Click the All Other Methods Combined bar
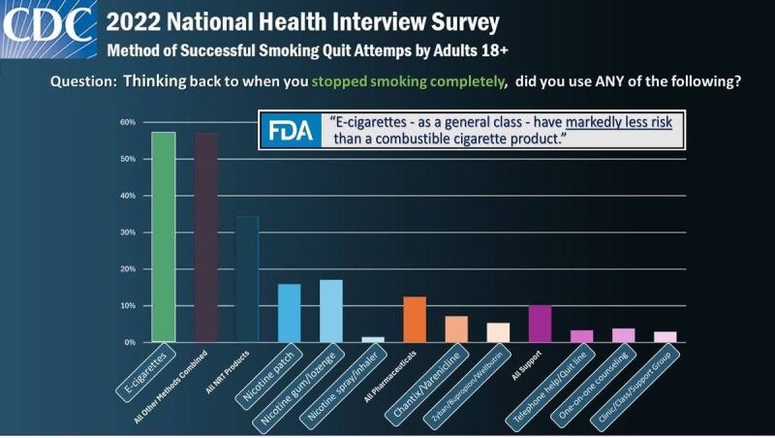pos(205,237)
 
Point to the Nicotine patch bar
pos(289,313)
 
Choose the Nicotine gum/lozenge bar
pos(331,311)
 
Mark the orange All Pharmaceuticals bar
pos(415,319)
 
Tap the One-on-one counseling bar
pos(623,335)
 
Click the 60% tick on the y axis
pos(127,122)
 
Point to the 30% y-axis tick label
pos(127,233)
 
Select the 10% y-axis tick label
pos(127,306)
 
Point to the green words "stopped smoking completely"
pos(421,81)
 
